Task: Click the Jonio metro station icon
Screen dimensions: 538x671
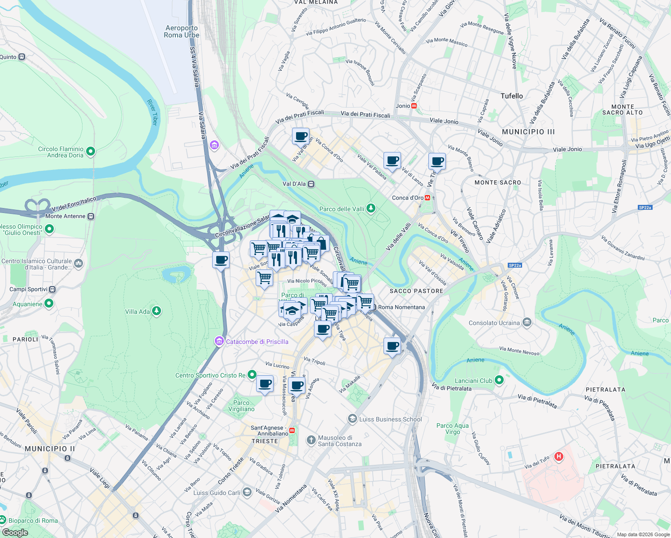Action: pos(414,106)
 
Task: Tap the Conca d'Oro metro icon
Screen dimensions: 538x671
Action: pos(427,198)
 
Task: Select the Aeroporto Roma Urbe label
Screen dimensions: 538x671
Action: pos(181,31)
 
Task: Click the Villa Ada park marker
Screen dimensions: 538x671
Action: pos(156,311)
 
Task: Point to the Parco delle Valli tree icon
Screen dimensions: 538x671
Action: pos(370,208)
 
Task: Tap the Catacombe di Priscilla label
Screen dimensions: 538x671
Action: pos(257,342)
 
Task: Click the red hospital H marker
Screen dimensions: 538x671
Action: pos(558,457)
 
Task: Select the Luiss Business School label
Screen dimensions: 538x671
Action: pos(390,419)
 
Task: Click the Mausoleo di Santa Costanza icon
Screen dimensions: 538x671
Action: pos(311,440)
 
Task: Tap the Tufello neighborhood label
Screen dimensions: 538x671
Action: pos(512,96)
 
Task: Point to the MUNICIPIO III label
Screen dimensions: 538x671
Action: pos(528,132)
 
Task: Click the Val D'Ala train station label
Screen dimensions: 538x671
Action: pos(294,184)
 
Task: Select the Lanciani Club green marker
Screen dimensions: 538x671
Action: pos(499,380)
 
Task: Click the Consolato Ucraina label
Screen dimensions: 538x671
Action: pos(494,323)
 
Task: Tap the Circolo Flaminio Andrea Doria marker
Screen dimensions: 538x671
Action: pos(91,152)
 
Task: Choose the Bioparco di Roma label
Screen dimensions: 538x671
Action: pos(33,521)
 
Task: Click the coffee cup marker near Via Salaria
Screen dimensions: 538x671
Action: pos(221,260)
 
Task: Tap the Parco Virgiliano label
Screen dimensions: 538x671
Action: pos(241,406)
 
